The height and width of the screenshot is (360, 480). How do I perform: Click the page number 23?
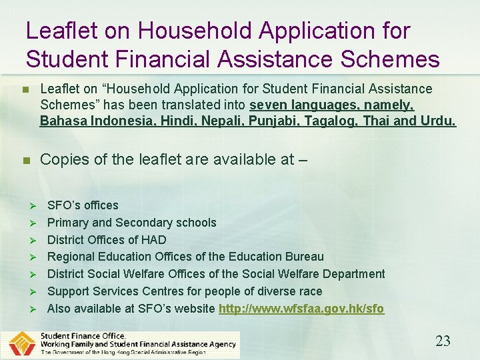[x=443, y=341]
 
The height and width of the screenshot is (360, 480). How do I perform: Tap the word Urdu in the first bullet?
[x=438, y=121]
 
